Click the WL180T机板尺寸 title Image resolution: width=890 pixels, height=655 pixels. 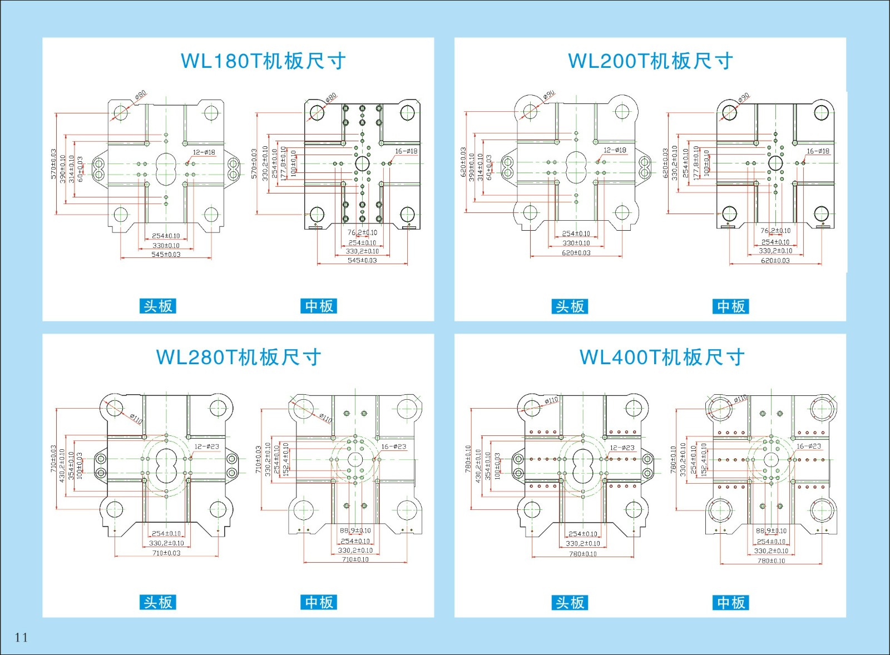[x=263, y=61]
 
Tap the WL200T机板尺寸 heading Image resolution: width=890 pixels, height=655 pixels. [x=650, y=61]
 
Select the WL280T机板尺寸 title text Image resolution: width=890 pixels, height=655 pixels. [x=239, y=357]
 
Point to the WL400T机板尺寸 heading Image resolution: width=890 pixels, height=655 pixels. [x=662, y=357]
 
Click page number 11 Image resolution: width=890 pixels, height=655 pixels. [x=21, y=637]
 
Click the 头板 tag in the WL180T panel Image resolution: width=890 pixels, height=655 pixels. [x=158, y=306]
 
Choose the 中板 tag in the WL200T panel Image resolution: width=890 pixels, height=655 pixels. [x=730, y=306]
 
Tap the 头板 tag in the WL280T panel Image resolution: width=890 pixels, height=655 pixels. [x=158, y=602]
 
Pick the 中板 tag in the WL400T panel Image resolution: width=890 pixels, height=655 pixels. [x=730, y=602]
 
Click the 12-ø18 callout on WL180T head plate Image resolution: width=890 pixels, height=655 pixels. [x=204, y=152]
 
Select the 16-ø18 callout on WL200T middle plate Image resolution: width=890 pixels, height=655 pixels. [x=818, y=151]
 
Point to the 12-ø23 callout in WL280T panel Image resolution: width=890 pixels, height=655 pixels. [x=206, y=446]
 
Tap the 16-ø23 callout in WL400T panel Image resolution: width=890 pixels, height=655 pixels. [x=808, y=446]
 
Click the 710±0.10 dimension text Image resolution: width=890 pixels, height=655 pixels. [x=355, y=559]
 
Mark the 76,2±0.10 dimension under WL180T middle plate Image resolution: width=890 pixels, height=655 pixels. [x=362, y=232]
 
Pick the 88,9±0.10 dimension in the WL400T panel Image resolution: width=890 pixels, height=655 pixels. [x=771, y=531]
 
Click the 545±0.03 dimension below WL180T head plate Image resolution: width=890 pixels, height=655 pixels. [x=166, y=255]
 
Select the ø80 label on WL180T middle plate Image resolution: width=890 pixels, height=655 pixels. [x=331, y=98]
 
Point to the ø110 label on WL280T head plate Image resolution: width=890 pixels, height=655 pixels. [x=136, y=418]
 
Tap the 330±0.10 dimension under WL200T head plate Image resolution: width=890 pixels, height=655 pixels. [x=576, y=243]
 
